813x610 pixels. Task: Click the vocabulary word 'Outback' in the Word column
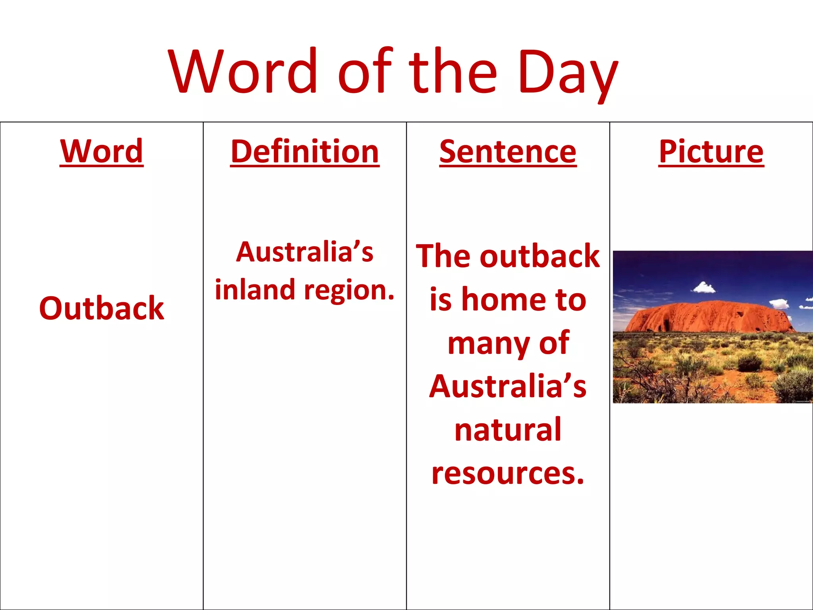102,308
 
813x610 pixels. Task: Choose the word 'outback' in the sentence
539,256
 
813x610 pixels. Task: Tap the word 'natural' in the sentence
508,430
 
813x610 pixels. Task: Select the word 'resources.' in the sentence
508,474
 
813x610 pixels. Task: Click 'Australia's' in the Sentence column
508,386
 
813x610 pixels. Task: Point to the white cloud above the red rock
704,287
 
